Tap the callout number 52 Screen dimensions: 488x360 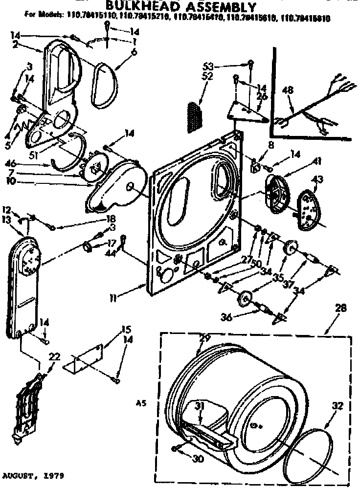(x=207, y=77)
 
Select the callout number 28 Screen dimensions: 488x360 (x=341, y=308)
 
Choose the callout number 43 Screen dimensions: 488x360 (x=317, y=180)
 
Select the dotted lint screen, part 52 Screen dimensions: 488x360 (x=195, y=117)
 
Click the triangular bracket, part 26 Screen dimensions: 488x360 (x=247, y=112)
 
